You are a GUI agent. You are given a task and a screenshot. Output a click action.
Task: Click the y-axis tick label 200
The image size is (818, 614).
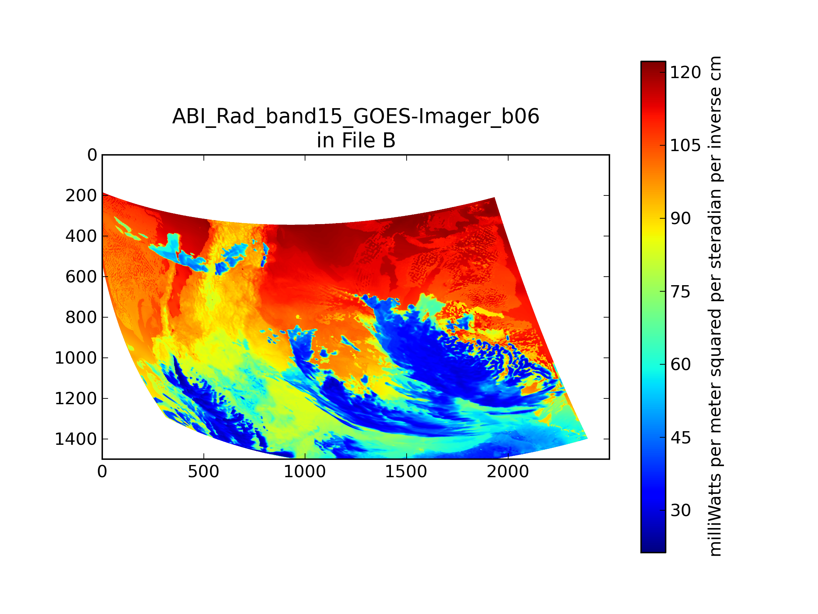(81, 196)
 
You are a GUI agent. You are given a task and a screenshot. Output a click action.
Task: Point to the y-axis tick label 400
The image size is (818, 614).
(81, 236)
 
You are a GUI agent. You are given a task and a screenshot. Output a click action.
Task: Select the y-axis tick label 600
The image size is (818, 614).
(81, 277)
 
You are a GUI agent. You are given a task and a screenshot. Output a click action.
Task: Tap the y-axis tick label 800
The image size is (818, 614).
(81, 318)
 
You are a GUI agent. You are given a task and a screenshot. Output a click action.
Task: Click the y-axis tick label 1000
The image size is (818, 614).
(76, 358)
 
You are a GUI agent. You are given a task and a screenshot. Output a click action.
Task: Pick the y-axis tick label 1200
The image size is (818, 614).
(76, 399)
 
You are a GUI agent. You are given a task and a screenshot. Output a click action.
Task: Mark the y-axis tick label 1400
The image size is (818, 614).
(76, 439)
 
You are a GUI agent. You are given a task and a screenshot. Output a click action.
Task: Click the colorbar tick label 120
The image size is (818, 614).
(685, 73)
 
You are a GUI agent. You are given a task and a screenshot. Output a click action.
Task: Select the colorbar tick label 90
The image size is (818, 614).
(680, 219)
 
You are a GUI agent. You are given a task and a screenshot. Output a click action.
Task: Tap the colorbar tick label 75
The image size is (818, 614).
(680, 292)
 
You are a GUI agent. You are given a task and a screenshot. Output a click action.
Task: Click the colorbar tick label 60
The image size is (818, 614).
(680, 365)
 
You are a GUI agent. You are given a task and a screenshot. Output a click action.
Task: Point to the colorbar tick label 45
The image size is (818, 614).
(680, 438)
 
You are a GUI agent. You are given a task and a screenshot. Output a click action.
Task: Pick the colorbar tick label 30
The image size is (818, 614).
(680, 511)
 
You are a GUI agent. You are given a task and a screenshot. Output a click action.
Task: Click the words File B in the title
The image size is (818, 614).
(368, 141)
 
